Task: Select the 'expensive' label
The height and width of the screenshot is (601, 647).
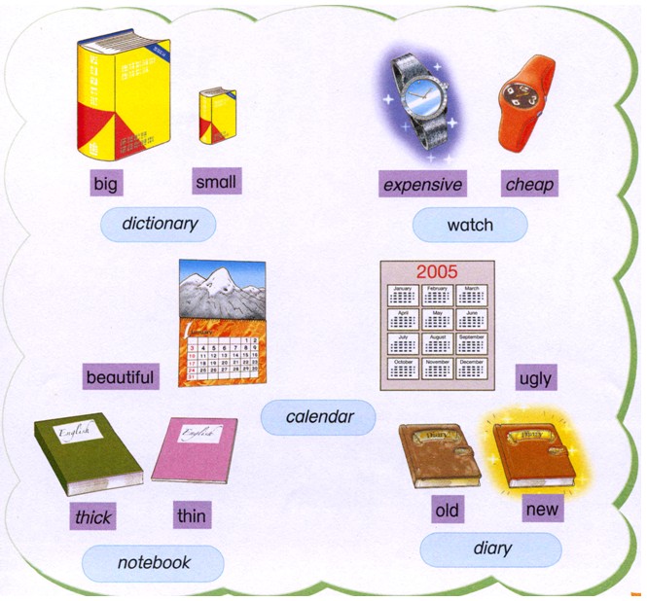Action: click(x=422, y=184)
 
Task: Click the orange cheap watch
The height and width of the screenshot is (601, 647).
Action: click(x=525, y=102)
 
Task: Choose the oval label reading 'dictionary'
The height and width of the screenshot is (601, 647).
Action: click(x=159, y=225)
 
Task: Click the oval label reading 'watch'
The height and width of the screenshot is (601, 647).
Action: click(x=470, y=226)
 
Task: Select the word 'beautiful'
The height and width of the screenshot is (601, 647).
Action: click(x=120, y=376)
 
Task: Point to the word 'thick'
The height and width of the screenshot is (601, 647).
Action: click(x=93, y=516)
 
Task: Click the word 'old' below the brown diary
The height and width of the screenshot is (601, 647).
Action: click(x=449, y=510)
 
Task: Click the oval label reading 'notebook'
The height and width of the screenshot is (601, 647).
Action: click(x=154, y=562)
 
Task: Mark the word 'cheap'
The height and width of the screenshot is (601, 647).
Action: click(x=529, y=184)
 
